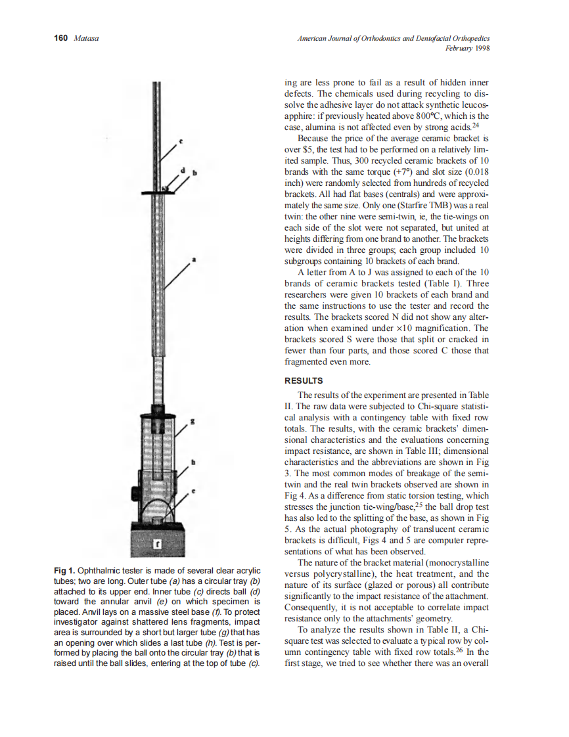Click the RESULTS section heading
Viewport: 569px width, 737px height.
[304, 380]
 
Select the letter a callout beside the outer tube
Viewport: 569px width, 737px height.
[193, 261]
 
